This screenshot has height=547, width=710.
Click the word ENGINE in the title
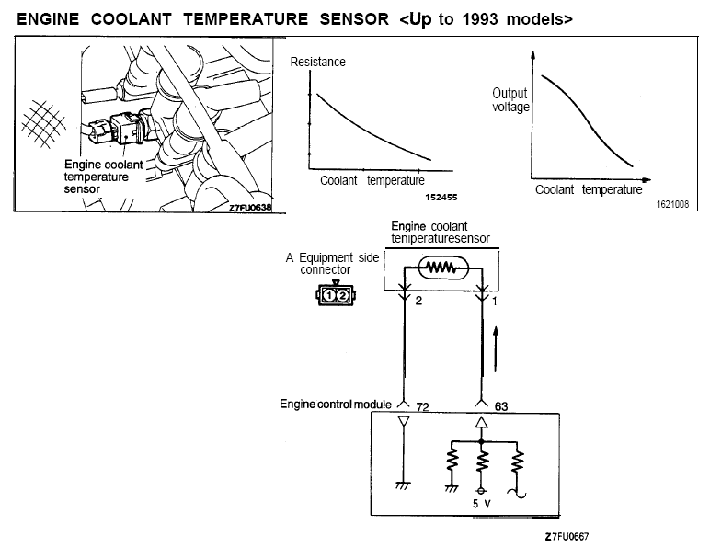pos(47,18)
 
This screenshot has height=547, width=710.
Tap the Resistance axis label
pos(318,62)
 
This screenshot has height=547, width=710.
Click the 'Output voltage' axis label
pos(511,100)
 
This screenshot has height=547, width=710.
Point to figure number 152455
pos(441,198)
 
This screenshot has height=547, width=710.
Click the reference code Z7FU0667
pos(566,535)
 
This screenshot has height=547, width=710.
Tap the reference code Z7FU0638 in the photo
pos(251,208)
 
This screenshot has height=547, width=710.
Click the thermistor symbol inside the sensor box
pos(444,269)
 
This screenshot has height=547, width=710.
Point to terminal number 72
pos(424,405)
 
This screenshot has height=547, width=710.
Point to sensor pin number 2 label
pos(418,301)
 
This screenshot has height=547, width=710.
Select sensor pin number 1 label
pos(496,301)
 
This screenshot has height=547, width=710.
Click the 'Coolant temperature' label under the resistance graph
pos(372,181)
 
